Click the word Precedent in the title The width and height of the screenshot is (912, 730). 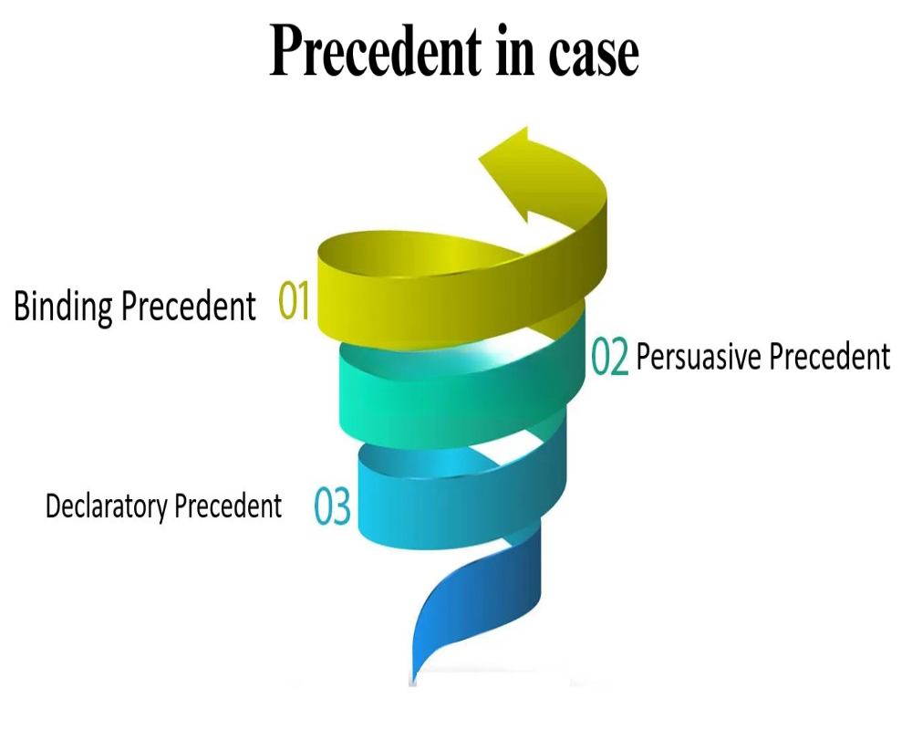click(375, 52)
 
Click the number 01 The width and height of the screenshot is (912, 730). click(295, 302)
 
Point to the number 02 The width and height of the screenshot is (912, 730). click(610, 358)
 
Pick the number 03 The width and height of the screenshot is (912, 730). click(333, 507)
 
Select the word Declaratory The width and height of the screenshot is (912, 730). click(107, 506)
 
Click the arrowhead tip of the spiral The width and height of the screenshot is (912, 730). click(483, 158)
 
